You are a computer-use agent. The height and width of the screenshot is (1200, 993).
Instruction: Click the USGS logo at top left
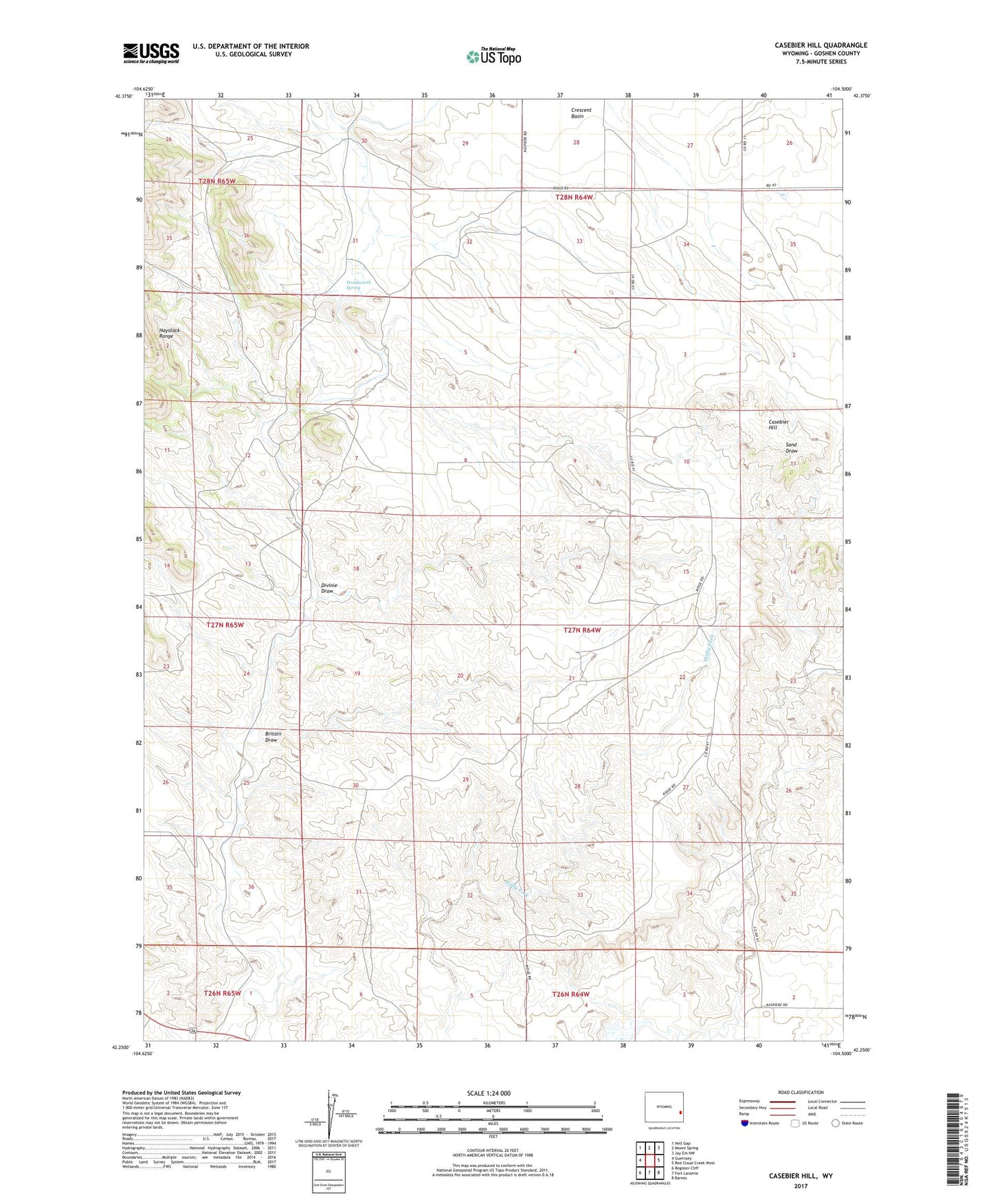[x=151, y=53]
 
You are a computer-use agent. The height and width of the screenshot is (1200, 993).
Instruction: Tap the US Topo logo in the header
[x=493, y=56]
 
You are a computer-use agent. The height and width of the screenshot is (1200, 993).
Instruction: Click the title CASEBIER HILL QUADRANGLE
[x=821, y=45]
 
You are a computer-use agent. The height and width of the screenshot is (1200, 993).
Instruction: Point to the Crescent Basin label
[x=581, y=113]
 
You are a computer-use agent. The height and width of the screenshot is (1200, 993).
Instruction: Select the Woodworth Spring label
[x=353, y=285]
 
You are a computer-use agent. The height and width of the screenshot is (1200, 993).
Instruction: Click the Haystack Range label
[x=169, y=333]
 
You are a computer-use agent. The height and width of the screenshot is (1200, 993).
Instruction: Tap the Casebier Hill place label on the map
[x=778, y=425]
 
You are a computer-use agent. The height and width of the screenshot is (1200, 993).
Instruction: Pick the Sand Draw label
[x=791, y=447]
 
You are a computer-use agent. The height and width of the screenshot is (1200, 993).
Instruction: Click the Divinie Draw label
[x=327, y=588]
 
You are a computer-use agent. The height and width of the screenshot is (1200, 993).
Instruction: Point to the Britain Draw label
[x=273, y=737]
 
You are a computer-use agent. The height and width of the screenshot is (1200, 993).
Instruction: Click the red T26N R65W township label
[x=222, y=993]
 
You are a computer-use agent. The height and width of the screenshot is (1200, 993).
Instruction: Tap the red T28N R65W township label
[x=216, y=181]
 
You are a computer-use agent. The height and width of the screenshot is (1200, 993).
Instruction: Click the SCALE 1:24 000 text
[x=489, y=1093]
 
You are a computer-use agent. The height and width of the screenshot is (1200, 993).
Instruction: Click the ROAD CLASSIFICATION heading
[x=801, y=1092]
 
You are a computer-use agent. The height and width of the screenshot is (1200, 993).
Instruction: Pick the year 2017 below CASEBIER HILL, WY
[x=800, y=1186]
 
